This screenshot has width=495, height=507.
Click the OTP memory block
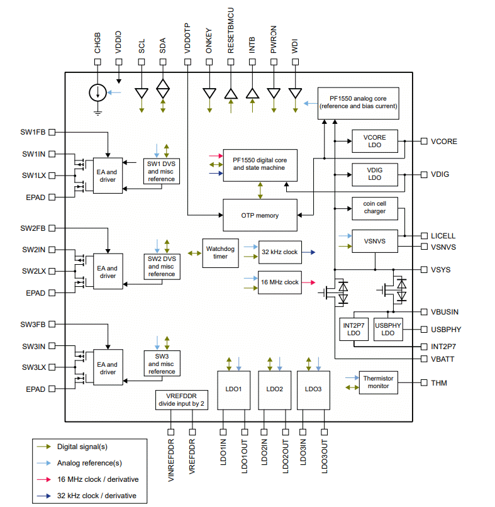click(x=260, y=215)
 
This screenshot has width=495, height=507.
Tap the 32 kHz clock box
click(x=280, y=252)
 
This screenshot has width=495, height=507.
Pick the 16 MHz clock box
click(x=280, y=282)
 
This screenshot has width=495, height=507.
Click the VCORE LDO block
click(x=374, y=142)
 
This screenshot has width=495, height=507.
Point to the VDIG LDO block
click(x=374, y=174)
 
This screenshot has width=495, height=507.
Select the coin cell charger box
click(x=374, y=208)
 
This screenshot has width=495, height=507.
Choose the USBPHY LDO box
click(x=388, y=328)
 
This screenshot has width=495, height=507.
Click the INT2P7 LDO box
click(x=353, y=328)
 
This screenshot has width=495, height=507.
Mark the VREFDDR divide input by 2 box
click(x=181, y=400)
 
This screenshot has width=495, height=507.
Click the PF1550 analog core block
click(x=358, y=103)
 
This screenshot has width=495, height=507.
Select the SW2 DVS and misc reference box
click(x=162, y=266)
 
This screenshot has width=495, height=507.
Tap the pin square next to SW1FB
click(x=52, y=132)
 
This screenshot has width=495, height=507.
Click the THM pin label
click(x=438, y=382)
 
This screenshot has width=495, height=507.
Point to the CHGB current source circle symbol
click(x=97, y=93)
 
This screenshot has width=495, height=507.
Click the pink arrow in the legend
click(x=44, y=479)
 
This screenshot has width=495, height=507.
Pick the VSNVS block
click(x=374, y=241)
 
